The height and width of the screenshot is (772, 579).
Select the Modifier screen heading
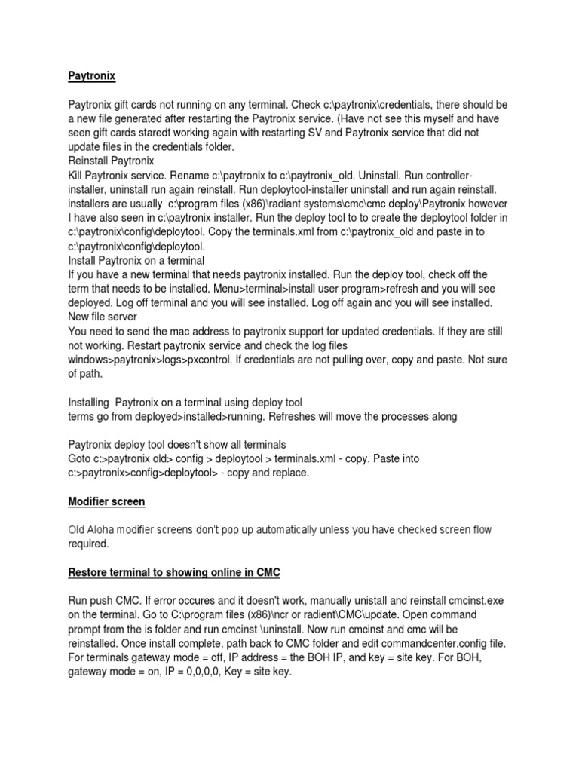click(106, 501)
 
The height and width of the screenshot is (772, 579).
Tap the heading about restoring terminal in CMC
click(174, 573)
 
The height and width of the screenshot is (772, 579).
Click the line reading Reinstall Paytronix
click(111, 161)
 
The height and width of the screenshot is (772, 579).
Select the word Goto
click(81, 458)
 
